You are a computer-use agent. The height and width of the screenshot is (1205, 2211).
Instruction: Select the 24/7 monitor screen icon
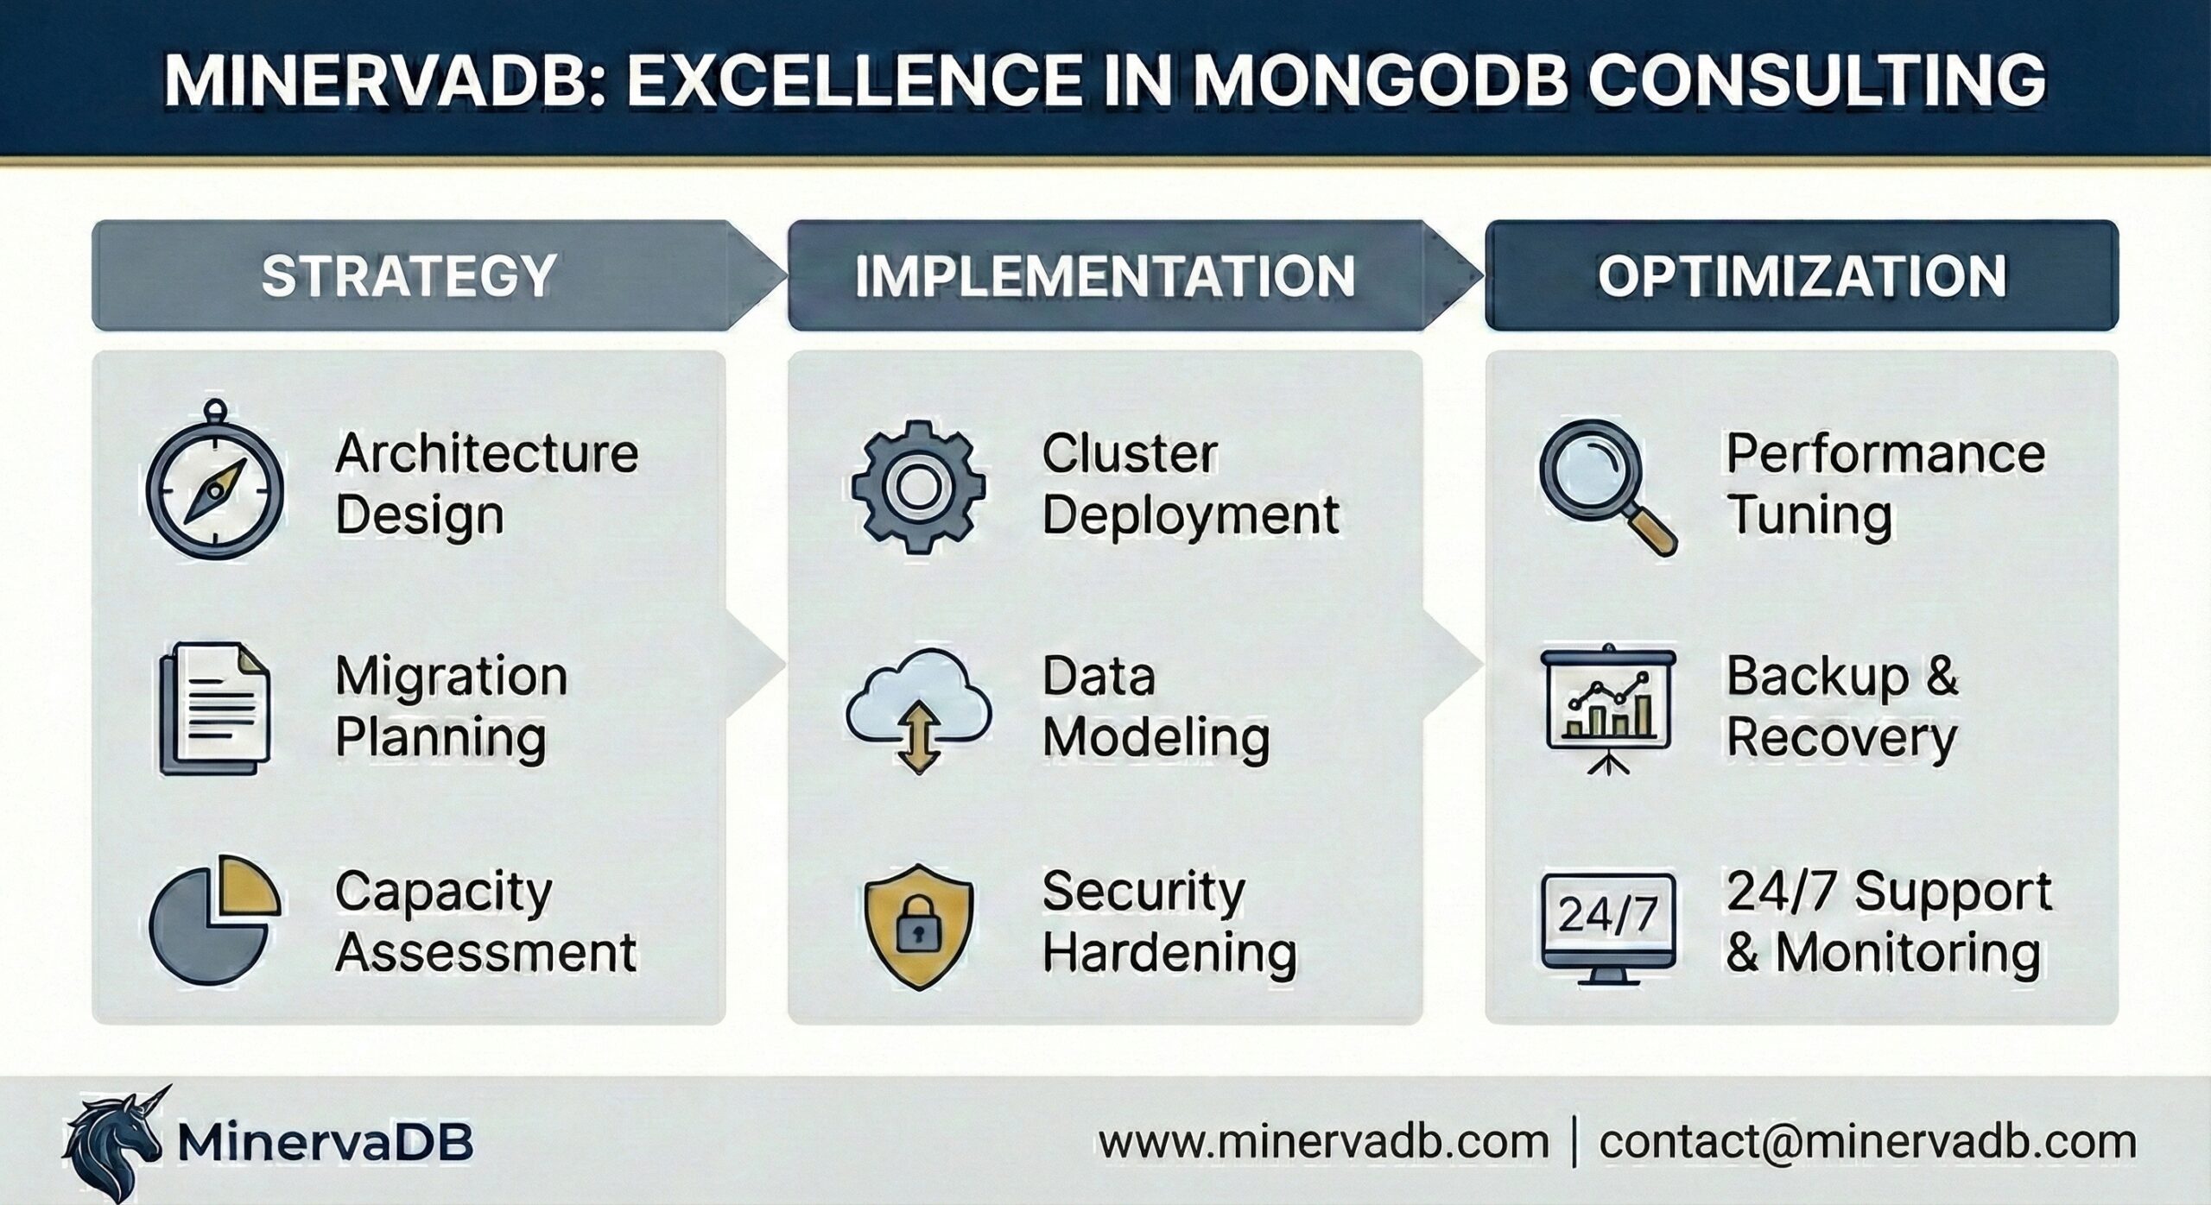[x=1607, y=925]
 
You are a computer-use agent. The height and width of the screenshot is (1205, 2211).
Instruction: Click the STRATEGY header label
[x=409, y=276]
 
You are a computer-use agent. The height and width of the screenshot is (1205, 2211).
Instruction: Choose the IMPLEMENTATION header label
[x=1105, y=276]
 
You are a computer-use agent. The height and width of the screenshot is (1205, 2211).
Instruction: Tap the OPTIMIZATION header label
[x=1802, y=276]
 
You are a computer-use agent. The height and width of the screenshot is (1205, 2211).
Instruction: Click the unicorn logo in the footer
[x=112, y=1141]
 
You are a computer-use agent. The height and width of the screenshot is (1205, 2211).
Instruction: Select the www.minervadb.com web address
[x=1324, y=1142]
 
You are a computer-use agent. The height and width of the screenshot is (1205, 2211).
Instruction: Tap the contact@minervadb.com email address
[x=1867, y=1142]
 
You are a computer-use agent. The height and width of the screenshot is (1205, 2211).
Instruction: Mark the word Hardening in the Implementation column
[x=1169, y=953]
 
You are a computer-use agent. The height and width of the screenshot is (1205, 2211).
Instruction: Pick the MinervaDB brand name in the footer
[x=325, y=1142]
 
